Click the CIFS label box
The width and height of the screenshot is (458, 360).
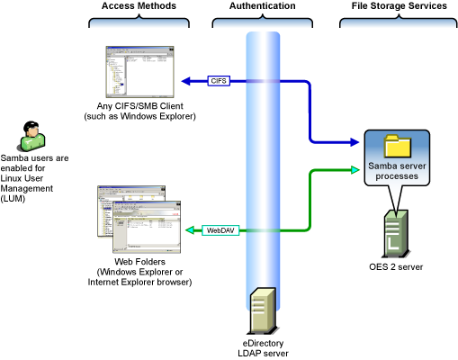(x=219, y=81)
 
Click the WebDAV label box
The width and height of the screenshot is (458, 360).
(x=220, y=230)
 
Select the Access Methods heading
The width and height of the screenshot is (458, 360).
(x=139, y=5)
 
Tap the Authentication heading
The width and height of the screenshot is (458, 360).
(x=263, y=5)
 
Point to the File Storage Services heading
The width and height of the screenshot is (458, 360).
(x=400, y=5)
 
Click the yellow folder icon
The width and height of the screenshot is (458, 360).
(x=398, y=146)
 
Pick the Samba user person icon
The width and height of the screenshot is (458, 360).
(x=32, y=136)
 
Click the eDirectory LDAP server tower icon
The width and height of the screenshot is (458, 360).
(x=264, y=311)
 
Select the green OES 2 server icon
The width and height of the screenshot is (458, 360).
(x=397, y=234)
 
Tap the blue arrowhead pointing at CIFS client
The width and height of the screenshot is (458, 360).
(x=186, y=81)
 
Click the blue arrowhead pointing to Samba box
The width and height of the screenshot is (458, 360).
(x=355, y=142)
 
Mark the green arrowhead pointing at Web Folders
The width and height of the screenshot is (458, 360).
(x=190, y=230)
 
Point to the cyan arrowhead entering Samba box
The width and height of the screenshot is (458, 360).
(x=355, y=170)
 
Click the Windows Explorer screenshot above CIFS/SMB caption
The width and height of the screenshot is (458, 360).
(x=139, y=72)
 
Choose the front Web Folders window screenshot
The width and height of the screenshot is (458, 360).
(x=147, y=227)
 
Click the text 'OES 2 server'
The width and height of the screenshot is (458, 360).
(x=396, y=266)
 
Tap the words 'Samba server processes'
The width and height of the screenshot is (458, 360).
(x=397, y=171)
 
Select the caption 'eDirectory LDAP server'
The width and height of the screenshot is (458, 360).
(x=263, y=348)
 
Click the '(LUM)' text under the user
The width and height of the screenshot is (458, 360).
(x=13, y=199)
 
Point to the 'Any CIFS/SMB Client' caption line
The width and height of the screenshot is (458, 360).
(x=140, y=106)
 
